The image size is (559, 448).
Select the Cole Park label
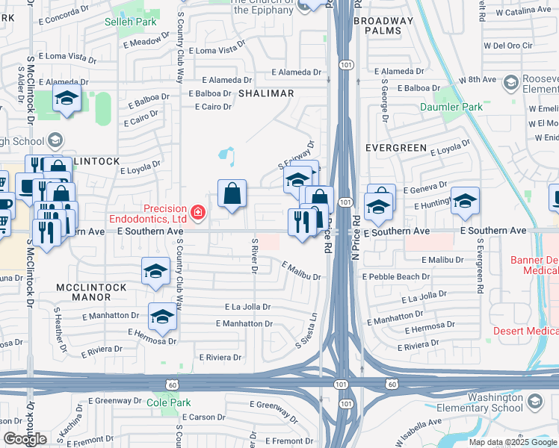tap(169, 402)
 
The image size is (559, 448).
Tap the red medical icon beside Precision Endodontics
tap(198, 214)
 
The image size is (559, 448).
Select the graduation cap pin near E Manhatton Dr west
tap(162, 317)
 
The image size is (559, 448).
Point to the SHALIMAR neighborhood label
tap(265, 93)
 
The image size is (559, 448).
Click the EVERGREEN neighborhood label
tap(395, 148)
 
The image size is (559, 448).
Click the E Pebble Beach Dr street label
tap(394, 276)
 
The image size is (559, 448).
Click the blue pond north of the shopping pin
tap(226, 156)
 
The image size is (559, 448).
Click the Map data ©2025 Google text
tap(512, 442)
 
